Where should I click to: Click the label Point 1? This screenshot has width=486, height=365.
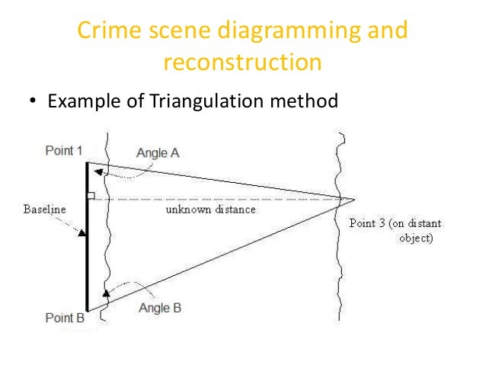[x=64, y=151]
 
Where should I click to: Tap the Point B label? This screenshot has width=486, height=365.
[x=65, y=317]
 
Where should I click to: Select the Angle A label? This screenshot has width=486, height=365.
[x=158, y=153]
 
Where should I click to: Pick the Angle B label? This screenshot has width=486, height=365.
[x=160, y=308]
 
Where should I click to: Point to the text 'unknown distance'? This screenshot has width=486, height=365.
[x=211, y=209]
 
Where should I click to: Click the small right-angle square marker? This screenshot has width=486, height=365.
[x=91, y=197]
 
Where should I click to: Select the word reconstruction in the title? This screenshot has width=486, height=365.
[x=242, y=62]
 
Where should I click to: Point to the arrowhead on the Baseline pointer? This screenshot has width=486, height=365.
[x=84, y=232]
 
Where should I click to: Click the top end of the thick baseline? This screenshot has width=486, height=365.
[x=87, y=163]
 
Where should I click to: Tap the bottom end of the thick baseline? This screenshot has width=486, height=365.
[x=87, y=311]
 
